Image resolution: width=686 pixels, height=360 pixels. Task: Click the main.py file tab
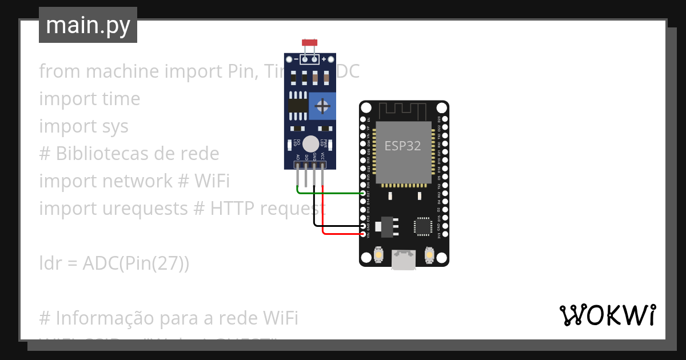point(87,25)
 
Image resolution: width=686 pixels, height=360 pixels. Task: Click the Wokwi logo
point(607,315)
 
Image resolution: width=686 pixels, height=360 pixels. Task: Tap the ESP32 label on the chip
point(402,146)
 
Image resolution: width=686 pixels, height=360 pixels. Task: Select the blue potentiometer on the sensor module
point(322,106)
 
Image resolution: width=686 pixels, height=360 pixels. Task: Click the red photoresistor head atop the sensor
point(309,43)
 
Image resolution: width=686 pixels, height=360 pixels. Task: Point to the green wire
point(332,193)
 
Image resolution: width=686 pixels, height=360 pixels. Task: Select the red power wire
point(343,234)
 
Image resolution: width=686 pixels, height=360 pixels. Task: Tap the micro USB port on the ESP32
point(404,259)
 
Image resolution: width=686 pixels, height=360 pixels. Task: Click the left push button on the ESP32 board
point(378,255)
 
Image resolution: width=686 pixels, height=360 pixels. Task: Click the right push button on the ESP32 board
point(429,255)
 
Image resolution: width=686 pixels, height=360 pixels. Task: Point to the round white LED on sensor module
point(310,144)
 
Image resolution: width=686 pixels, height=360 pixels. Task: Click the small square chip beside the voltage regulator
point(424,226)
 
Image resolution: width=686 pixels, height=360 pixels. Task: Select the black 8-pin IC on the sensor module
point(297,106)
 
